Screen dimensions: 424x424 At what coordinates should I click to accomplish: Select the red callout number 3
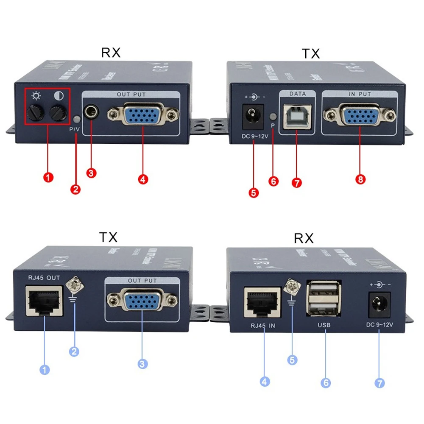click(x=92, y=173)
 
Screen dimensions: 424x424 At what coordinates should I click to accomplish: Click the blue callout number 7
click(x=380, y=383)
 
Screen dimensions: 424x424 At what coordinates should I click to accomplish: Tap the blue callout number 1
click(x=45, y=370)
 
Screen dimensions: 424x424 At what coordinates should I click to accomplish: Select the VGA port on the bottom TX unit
click(x=142, y=301)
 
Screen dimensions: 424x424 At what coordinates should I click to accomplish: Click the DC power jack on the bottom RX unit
click(x=379, y=304)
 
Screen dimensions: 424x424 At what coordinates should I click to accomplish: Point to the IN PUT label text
click(x=359, y=94)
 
